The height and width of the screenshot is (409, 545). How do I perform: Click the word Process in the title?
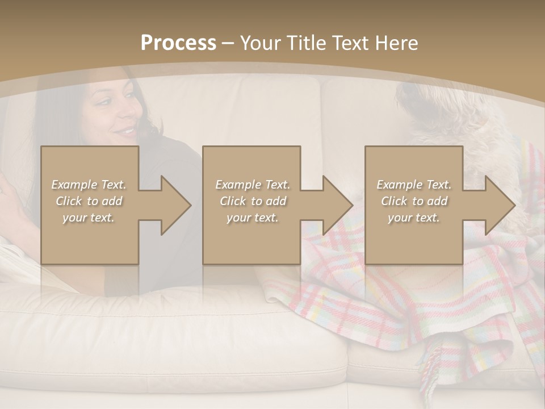(178, 43)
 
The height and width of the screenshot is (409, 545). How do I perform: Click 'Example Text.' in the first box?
(89, 185)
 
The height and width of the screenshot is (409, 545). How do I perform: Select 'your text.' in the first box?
(89, 218)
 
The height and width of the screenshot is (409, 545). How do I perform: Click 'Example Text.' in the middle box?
(253, 185)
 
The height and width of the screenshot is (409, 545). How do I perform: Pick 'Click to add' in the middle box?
(253, 201)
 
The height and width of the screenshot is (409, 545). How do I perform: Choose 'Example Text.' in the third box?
(414, 185)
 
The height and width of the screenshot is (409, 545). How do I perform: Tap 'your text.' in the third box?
(414, 218)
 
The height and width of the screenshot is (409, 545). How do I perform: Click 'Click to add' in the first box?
(89, 201)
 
